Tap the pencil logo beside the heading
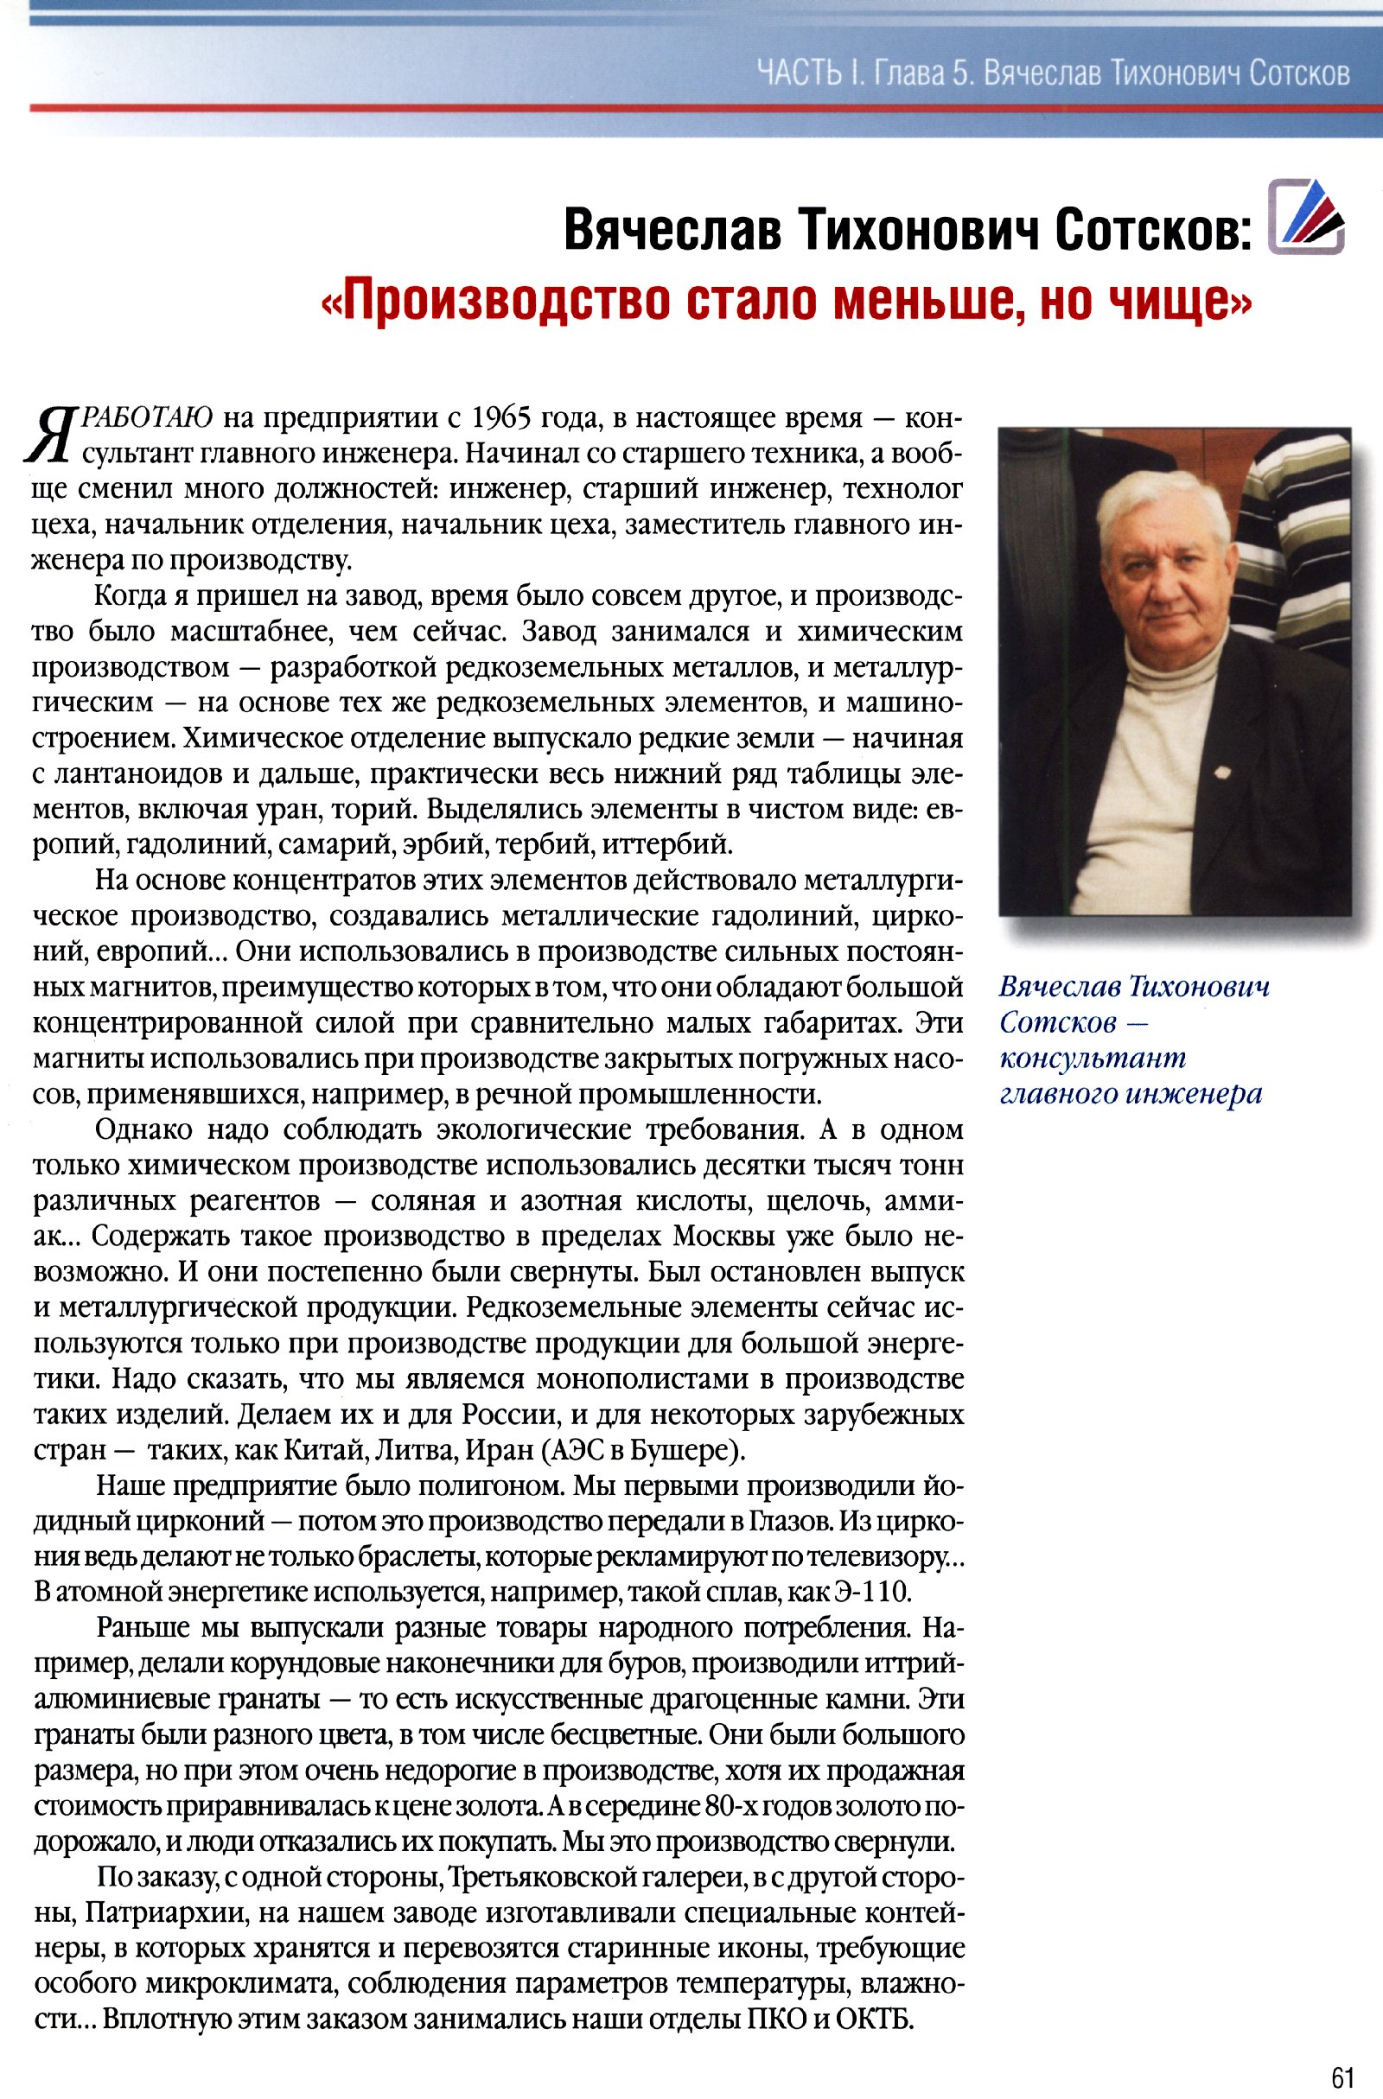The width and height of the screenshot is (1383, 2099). [x=1305, y=217]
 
